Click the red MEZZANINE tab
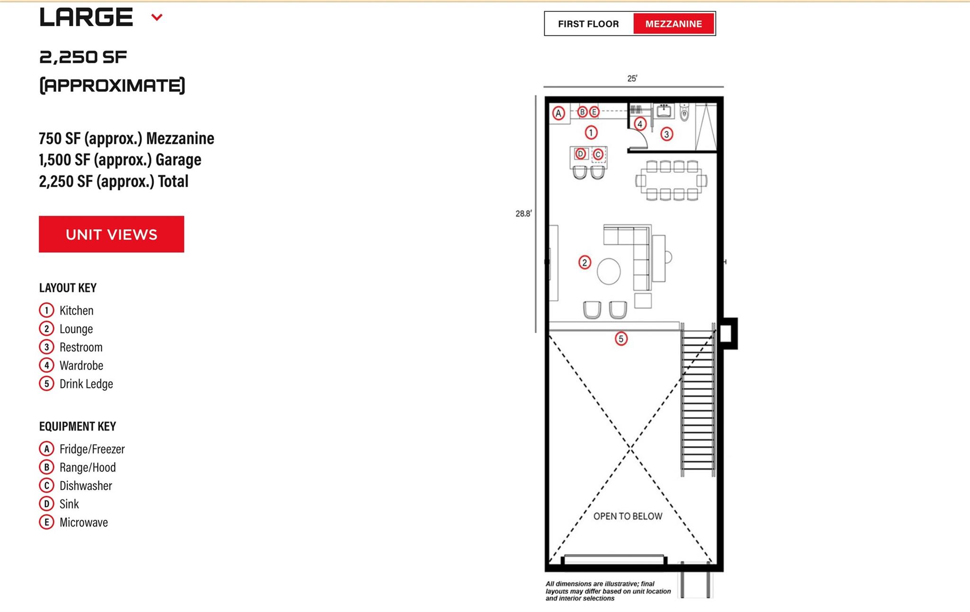click(673, 24)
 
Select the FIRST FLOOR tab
click(588, 24)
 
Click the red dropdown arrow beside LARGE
click(157, 18)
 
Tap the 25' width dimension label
click(632, 79)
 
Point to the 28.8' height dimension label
click(523, 213)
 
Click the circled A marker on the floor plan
click(559, 113)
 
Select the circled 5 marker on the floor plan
click(621, 339)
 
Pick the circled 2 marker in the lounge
click(584, 262)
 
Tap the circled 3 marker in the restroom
click(666, 134)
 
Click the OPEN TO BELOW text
click(628, 516)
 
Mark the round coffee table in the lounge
click(609, 271)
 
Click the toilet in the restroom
click(684, 113)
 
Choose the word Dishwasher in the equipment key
click(86, 486)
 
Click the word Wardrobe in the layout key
click(81, 365)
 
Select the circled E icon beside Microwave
click(46, 523)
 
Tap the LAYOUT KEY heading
click(68, 288)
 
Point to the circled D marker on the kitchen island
click(581, 154)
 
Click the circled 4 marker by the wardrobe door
click(640, 124)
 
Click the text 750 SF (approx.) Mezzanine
click(126, 138)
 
